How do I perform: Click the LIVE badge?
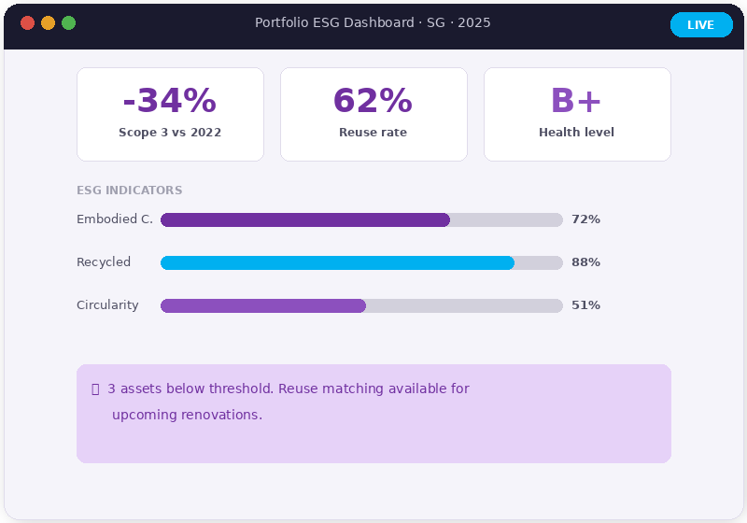point(701,25)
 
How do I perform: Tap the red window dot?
point(27,23)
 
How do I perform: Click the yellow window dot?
point(48,23)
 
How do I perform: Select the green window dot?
point(68,23)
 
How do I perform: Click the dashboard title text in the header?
point(373,23)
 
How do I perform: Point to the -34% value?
point(170,100)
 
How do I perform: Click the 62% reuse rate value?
point(373,100)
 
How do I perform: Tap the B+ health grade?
point(576,100)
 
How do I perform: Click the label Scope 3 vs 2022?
point(170,133)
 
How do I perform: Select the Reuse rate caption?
point(373,133)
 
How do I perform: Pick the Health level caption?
point(576,133)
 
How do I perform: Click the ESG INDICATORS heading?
point(129,191)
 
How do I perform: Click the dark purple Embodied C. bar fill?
point(305,219)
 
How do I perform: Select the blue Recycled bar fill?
point(337,262)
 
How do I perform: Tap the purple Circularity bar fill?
point(263,305)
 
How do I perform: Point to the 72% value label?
point(585,219)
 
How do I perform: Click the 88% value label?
point(585,262)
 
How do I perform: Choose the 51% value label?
point(585,305)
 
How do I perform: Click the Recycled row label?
point(104,262)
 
